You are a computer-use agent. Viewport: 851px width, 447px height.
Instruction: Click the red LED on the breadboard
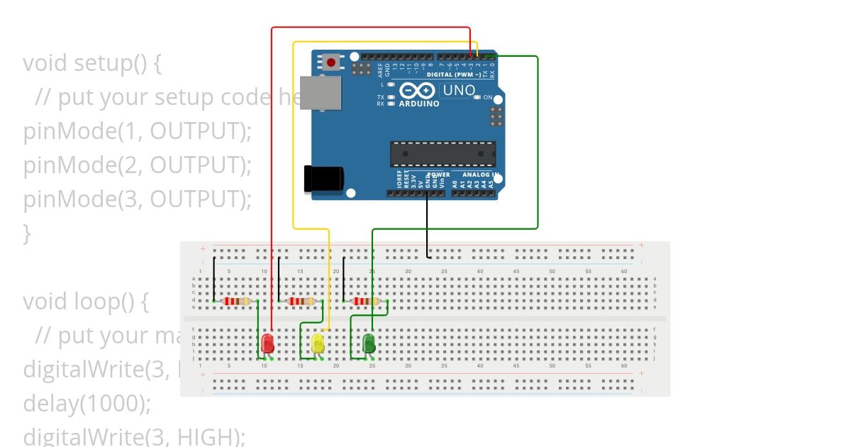267,343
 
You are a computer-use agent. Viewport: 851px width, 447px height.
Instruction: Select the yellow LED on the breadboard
318,344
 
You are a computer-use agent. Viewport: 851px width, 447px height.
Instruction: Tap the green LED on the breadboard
369,344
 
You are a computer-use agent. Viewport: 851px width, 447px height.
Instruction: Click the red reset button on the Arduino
330,62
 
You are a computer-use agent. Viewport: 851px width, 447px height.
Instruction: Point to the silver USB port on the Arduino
321,92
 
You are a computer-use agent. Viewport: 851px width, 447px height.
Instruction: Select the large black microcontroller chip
443,153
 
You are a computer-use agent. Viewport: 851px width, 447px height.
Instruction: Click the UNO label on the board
458,90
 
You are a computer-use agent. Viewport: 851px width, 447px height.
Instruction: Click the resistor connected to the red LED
237,302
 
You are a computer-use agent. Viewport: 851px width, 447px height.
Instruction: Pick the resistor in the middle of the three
301,302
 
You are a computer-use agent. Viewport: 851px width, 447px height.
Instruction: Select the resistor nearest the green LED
365,302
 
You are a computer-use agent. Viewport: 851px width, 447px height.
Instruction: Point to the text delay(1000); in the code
87,403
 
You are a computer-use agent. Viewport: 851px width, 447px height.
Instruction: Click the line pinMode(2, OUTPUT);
137,165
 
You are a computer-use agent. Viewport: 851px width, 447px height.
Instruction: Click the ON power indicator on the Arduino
487,97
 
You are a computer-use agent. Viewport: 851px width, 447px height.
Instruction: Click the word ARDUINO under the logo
419,104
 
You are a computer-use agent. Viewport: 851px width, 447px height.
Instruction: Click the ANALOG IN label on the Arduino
482,175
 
